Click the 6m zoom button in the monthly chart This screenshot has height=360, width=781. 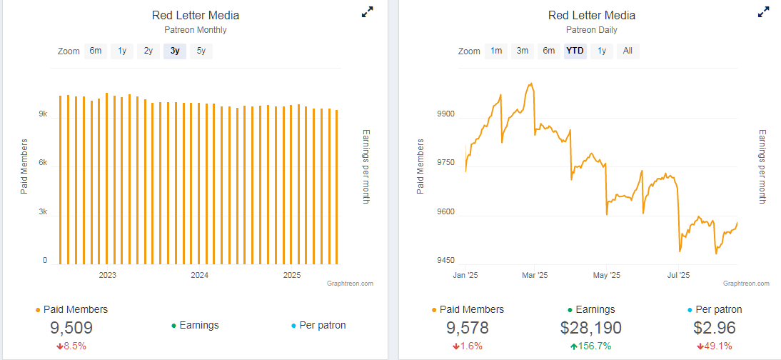(x=96, y=51)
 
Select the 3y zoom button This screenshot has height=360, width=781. (x=175, y=51)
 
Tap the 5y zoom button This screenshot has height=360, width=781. (x=201, y=51)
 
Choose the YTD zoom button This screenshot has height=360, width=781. (x=575, y=51)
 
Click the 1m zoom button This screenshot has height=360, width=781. (x=495, y=51)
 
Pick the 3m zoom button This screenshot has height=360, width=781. (x=523, y=51)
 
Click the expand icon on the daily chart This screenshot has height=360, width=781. (x=763, y=12)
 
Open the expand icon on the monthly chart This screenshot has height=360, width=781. (x=367, y=12)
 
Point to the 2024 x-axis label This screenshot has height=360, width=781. (x=199, y=275)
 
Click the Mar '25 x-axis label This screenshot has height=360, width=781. (x=534, y=275)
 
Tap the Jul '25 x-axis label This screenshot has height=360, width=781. (x=677, y=275)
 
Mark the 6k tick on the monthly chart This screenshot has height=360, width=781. (x=42, y=163)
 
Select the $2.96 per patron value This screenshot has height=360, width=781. (x=714, y=328)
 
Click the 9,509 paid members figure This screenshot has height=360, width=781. (x=71, y=328)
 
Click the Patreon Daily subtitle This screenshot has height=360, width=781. (x=591, y=30)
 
